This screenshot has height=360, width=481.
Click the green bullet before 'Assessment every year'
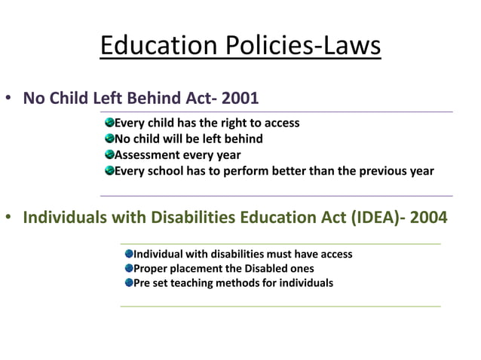(x=109, y=154)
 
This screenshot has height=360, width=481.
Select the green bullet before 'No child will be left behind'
(x=109, y=139)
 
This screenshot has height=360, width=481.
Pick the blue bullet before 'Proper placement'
(x=129, y=268)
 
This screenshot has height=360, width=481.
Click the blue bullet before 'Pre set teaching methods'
(x=129, y=283)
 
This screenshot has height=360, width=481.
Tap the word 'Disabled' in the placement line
(x=267, y=269)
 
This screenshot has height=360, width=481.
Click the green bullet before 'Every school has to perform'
(x=109, y=170)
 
